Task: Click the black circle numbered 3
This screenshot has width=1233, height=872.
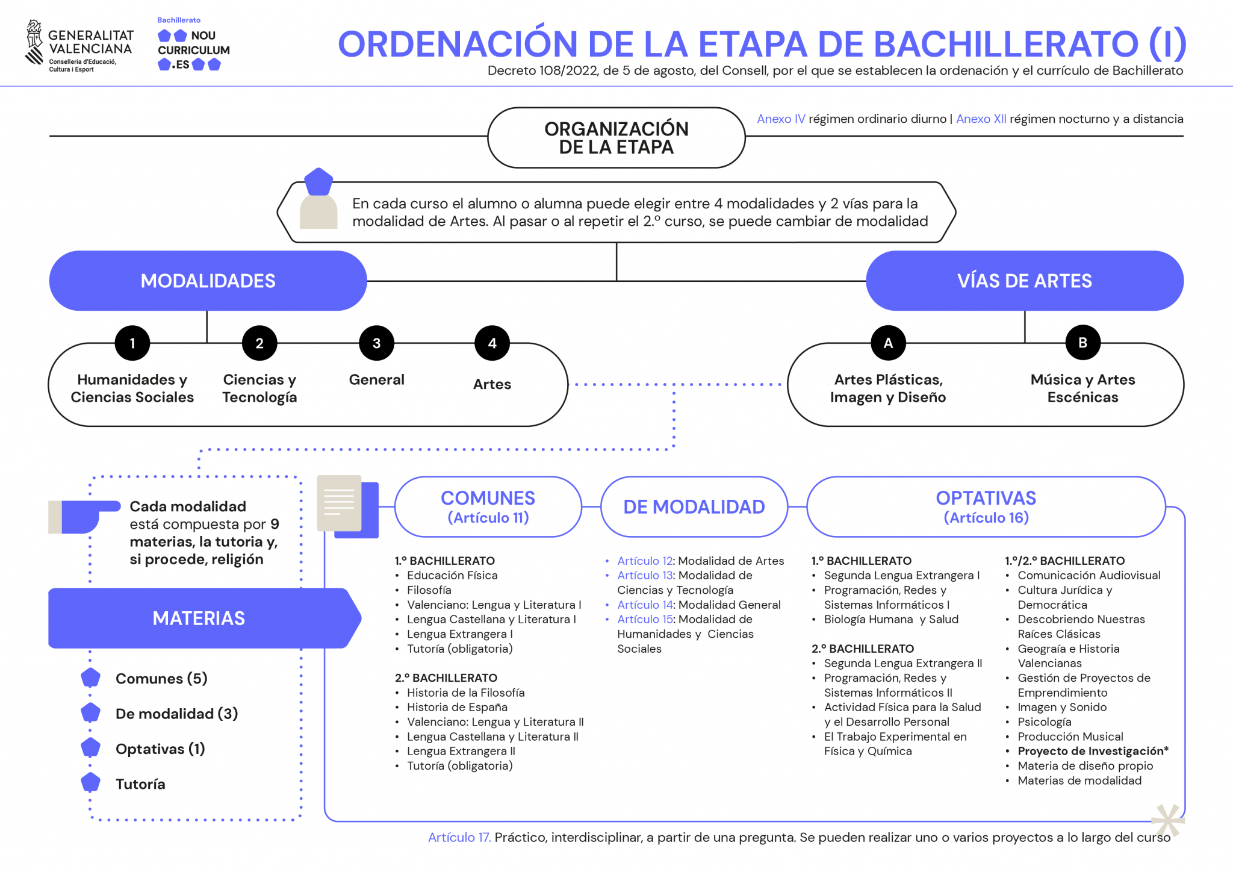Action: tap(376, 343)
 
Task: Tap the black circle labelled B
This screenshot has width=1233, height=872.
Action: tap(1082, 343)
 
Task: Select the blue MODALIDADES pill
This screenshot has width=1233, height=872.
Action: tap(208, 281)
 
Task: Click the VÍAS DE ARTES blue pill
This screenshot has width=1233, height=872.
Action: tap(1024, 281)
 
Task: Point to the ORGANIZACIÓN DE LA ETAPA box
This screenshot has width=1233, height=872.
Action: tap(616, 138)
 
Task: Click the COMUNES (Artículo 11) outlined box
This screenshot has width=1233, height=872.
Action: tap(488, 507)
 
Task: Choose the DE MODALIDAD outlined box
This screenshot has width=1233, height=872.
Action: tap(694, 507)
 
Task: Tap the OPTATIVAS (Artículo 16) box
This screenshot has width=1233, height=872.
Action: tap(986, 507)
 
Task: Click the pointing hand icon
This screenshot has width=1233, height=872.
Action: tap(84, 515)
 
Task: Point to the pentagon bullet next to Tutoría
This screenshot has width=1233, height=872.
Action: tap(90, 783)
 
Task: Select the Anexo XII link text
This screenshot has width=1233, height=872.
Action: tap(981, 119)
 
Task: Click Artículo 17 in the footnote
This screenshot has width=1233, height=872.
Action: tap(459, 837)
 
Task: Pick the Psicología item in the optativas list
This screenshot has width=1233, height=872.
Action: tap(1045, 721)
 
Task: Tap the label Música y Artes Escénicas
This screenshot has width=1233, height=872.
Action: tap(1082, 388)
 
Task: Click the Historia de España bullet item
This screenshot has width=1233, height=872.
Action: tap(457, 707)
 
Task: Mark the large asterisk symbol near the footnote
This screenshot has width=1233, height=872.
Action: tap(1167, 820)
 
